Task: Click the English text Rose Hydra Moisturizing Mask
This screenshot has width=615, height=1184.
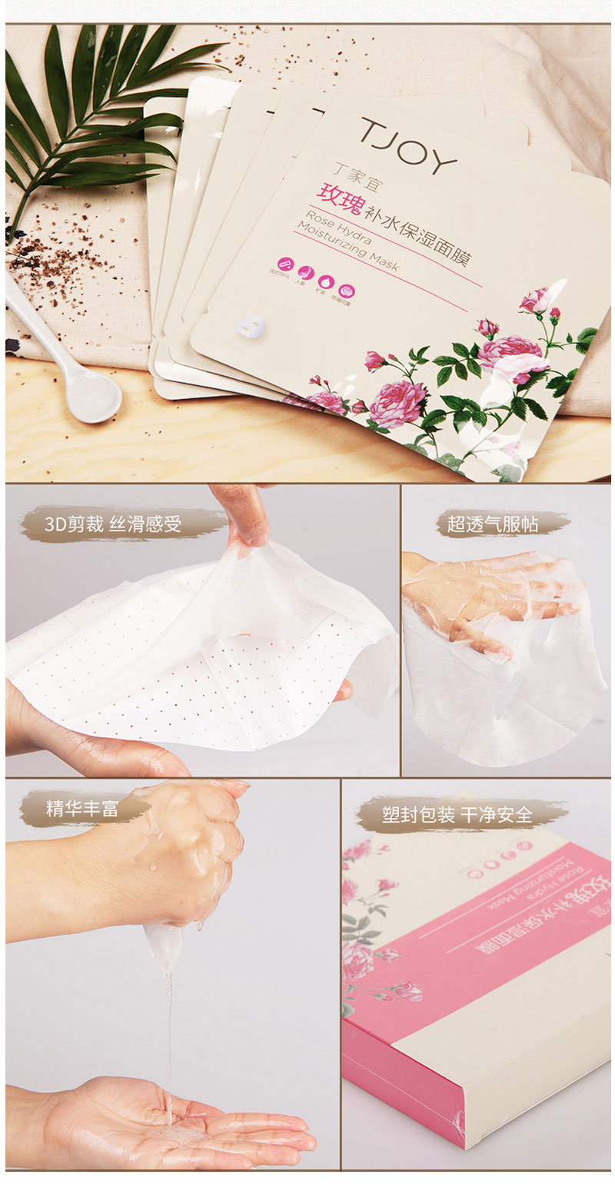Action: tap(345, 242)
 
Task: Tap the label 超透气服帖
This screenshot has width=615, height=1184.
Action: tap(493, 524)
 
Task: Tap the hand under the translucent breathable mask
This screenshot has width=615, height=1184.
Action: tap(477, 600)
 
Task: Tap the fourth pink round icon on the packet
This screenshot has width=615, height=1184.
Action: tap(347, 291)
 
